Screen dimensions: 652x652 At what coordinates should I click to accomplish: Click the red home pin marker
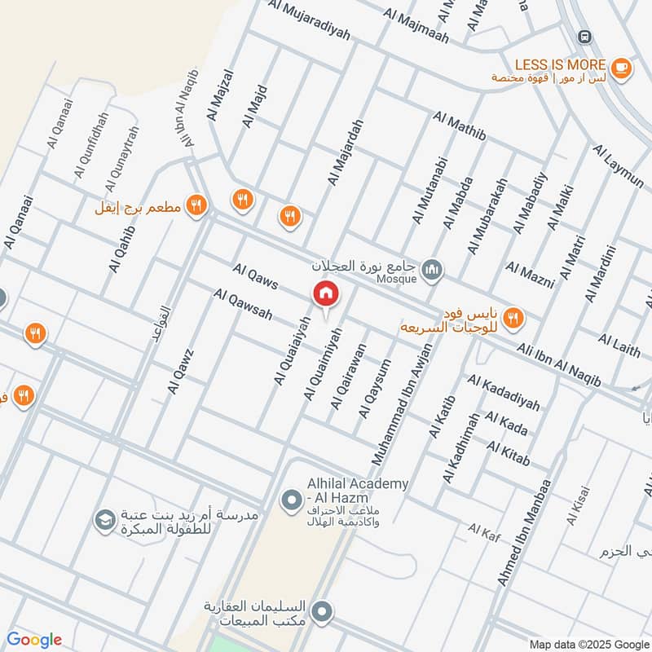click(x=325, y=294)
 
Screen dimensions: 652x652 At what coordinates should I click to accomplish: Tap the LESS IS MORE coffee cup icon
click(x=621, y=68)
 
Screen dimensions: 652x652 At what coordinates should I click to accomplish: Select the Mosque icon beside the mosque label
click(x=433, y=268)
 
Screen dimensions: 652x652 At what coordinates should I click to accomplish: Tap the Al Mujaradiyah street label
click(x=310, y=20)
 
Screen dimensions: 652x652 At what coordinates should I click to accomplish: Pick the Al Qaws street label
click(x=255, y=276)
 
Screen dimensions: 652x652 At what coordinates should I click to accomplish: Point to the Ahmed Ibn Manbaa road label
click(x=524, y=531)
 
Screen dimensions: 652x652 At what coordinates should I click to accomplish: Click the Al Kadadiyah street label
click(x=504, y=392)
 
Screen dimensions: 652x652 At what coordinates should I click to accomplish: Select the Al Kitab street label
click(x=509, y=454)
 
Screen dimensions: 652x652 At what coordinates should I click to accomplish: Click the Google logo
click(x=33, y=640)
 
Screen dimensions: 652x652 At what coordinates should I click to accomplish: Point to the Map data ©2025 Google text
click(x=588, y=644)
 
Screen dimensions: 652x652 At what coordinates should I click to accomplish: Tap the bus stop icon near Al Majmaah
click(x=583, y=37)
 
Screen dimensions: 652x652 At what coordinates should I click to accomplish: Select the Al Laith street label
click(x=619, y=345)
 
